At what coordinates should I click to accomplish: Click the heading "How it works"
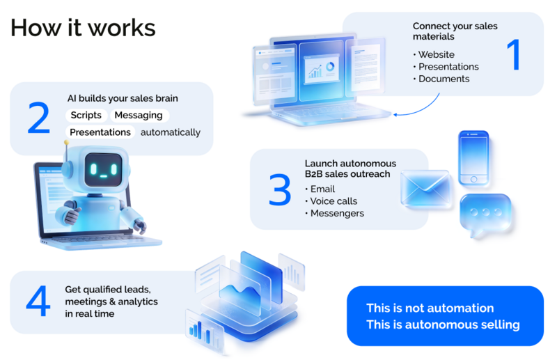coord(83,27)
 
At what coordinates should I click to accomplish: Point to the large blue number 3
coord(279,189)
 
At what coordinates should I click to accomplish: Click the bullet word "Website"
coord(437,54)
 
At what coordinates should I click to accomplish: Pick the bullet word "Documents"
coord(444,79)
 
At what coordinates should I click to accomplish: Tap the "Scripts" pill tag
coord(86,115)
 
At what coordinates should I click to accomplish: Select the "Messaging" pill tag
coord(139,115)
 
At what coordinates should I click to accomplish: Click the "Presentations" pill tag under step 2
coord(100,132)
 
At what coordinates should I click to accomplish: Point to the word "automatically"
coord(171,132)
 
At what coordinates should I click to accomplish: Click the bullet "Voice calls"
coord(333,201)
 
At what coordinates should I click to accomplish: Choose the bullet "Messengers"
coord(337,213)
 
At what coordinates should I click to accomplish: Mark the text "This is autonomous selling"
coord(443,324)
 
